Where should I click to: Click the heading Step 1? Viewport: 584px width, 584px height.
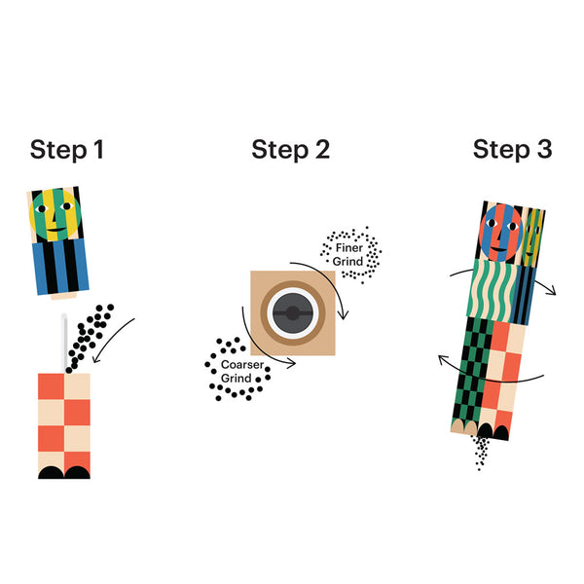coord(66,150)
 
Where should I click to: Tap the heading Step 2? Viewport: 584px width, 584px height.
coord(290,150)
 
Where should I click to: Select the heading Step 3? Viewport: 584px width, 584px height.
coord(512,150)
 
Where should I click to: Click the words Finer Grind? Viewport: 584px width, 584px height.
coord(348,255)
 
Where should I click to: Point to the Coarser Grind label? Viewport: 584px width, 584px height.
coord(242,372)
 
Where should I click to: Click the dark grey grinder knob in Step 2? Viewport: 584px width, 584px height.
coord(292,313)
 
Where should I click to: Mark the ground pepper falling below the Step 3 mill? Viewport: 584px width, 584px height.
coord(481,453)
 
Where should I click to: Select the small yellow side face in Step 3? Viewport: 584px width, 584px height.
coord(532,238)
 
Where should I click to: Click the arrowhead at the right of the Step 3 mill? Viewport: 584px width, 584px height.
coord(551,290)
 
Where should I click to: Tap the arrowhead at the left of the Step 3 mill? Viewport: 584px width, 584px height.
coord(443,360)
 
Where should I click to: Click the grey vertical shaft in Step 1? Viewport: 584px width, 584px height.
coord(64,343)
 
